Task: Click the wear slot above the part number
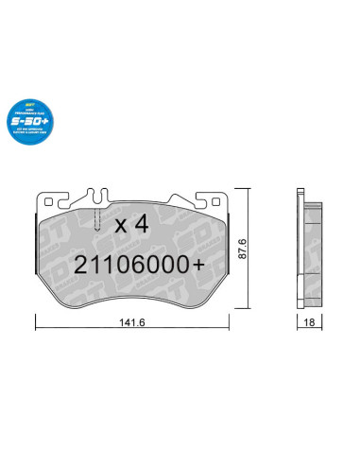pos(97,218)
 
